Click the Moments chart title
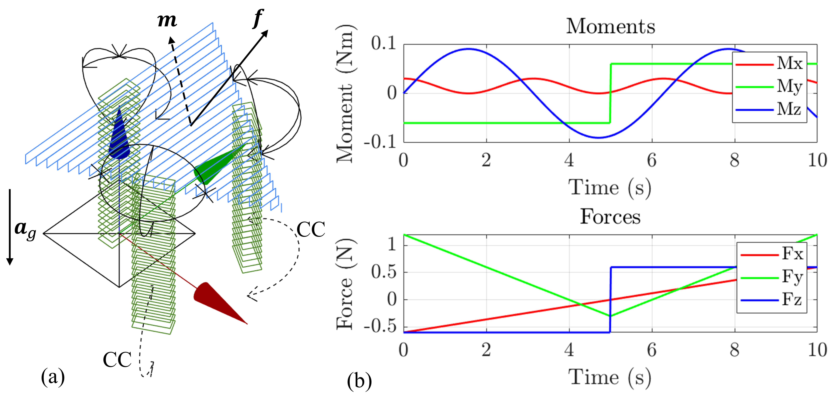tap(610, 26)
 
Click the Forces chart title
tap(610, 217)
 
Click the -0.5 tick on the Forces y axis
tap(380, 327)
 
